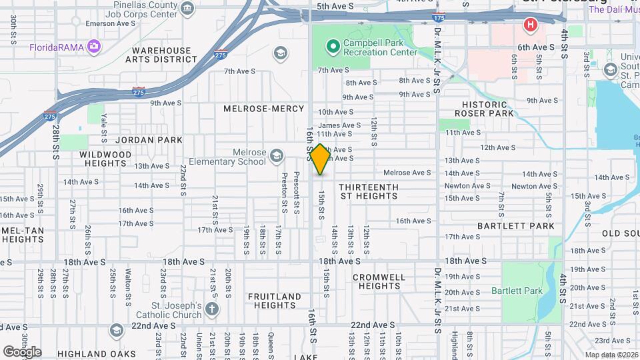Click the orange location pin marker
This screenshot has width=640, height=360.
[320, 159]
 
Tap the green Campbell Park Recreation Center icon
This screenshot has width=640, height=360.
[332, 46]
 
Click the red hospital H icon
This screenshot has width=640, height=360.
[531, 25]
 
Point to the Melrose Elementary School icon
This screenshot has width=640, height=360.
[276, 157]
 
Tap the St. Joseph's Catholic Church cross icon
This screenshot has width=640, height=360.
[211, 309]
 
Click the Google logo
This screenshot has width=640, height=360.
[22, 351]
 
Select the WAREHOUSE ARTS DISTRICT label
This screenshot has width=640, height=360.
[165, 55]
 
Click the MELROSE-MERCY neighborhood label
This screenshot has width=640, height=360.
[263, 108]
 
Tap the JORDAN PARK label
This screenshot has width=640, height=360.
[149, 140]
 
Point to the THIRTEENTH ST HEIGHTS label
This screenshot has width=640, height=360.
[368, 191]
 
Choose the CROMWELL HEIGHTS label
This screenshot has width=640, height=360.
[378, 281]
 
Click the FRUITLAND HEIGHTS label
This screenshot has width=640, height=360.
[275, 301]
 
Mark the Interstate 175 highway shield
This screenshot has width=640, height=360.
[438, 17]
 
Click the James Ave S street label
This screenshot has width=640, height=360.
[339, 125]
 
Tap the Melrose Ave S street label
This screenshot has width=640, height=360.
[407, 173]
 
